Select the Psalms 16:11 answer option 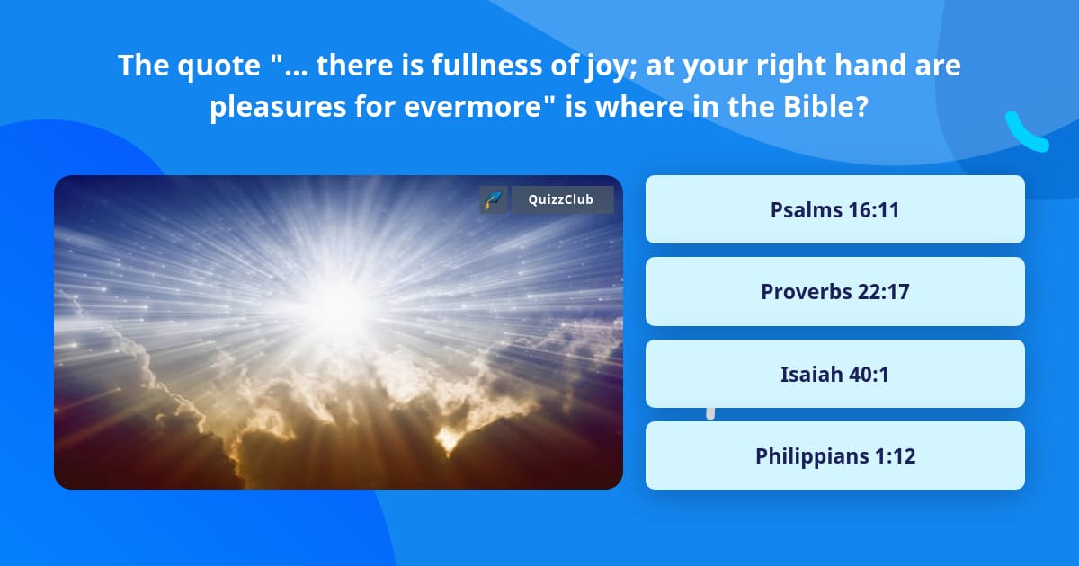coord(834,209)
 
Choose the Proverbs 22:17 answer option coord(834,291)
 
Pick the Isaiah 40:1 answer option coord(834,374)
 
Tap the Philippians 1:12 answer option coord(834,455)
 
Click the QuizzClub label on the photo coord(562,199)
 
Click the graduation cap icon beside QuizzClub coord(493,199)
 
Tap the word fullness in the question coord(521,66)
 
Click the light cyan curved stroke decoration coord(1026,132)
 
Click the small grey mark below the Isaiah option coord(710,413)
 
